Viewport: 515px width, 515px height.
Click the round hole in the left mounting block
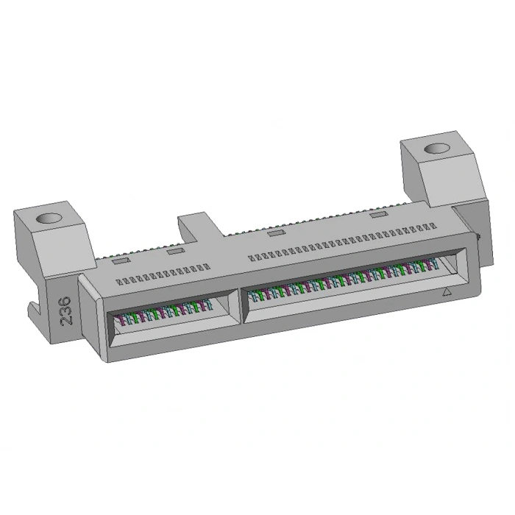pyautogui.click(x=49, y=219)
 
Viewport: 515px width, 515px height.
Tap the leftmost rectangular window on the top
pyautogui.click(x=119, y=260)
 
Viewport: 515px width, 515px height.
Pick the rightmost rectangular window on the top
pyautogui.click(x=379, y=214)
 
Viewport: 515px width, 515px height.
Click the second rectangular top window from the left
pyautogui.click(x=174, y=252)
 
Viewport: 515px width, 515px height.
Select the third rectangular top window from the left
pyautogui.click(x=276, y=233)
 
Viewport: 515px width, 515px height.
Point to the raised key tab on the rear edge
pyautogui.click(x=193, y=224)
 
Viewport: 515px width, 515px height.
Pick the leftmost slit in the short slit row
pyautogui.click(x=122, y=281)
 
